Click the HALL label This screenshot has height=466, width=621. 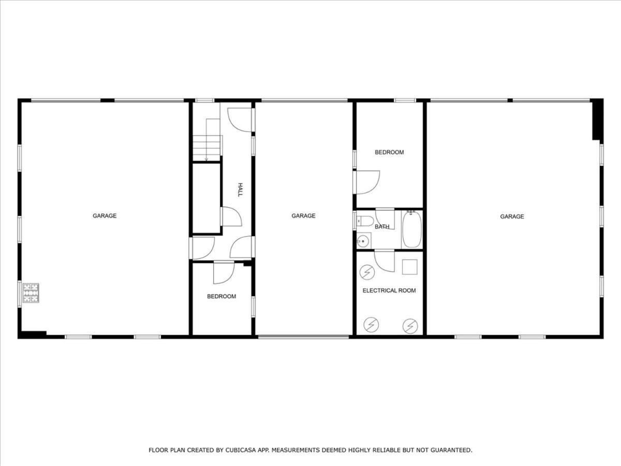click(240, 190)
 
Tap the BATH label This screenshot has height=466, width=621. click(382, 227)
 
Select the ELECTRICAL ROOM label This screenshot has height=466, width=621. click(389, 290)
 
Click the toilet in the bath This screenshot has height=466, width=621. click(365, 221)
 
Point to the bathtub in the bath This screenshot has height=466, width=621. click(412, 230)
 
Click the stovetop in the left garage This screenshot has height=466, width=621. click(31, 293)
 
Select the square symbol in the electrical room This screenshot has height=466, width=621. click(409, 267)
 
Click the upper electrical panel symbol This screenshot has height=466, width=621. click(367, 272)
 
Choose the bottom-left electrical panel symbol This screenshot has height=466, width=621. click(371, 325)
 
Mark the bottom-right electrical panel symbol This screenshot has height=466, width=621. click(410, 326)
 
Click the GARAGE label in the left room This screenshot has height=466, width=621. click(105, 215)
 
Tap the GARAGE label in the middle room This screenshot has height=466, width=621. click(303, 215)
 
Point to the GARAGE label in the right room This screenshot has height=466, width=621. click(512, 216)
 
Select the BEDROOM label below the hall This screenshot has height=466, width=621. click(221, 296)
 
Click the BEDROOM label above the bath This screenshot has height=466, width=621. click(389, 152)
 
